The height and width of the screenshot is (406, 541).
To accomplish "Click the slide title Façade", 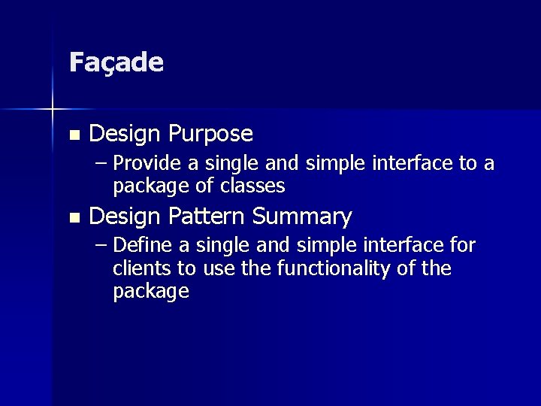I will tap(116, 63).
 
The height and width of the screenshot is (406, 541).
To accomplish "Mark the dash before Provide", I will tap(101, 164).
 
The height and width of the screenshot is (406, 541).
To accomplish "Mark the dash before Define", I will tap(101, 246).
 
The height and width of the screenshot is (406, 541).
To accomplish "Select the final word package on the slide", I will tap(150, 292).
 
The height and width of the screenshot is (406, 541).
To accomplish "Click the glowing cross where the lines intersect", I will tap(52, 111).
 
